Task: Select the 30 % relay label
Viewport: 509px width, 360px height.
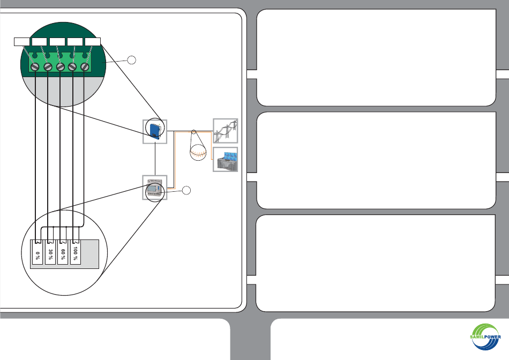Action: click(50, 255)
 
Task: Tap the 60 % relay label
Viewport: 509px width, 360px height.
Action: click(63, 255)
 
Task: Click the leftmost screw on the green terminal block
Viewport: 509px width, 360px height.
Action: click(34, 67)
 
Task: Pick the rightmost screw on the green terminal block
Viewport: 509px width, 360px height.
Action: click(85, 67)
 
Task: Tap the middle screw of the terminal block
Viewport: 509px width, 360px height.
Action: click(60, 67)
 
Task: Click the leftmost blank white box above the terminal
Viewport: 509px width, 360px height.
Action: click(22, 42)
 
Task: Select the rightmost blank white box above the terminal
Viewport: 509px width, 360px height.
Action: click(93, 42)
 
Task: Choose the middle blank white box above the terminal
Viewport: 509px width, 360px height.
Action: click(57, 42)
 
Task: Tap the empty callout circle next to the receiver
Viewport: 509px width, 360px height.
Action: click(186, 190)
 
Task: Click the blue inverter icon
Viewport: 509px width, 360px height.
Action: click(154, 131)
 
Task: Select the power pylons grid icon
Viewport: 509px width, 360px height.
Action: click(225, 131)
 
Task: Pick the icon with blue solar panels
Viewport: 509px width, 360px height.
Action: click(225, 160)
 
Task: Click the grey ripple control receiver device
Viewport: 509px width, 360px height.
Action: click(155, 187)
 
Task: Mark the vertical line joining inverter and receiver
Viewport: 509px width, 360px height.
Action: click(155, 159)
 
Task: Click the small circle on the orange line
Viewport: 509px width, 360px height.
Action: click(194, 131)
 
